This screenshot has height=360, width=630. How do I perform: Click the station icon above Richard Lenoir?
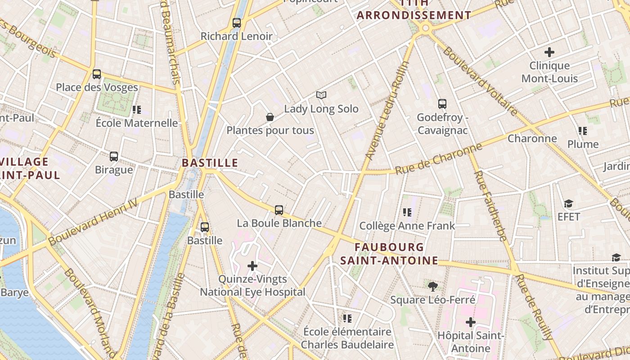tap(237, 22)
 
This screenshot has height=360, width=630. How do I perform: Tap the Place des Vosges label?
tap(97, 87)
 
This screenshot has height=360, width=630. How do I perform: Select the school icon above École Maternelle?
tap(137, 109)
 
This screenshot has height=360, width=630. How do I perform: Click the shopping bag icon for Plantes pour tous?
tap(270, 117)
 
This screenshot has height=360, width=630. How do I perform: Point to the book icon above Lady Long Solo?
tap(321, 95)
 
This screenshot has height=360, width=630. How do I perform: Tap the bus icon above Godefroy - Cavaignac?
tap(442, 104)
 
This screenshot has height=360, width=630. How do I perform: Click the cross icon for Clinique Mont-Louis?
tap(549, 52)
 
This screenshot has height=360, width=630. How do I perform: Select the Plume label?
tap(583, 144)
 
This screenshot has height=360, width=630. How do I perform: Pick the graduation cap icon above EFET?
tap(569, 203)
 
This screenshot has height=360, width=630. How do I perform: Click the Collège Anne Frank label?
tap(407, 225)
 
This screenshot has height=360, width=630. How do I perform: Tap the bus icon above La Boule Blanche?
tap(279, 210)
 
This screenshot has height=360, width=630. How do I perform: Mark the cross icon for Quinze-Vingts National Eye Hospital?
tap(252, 266)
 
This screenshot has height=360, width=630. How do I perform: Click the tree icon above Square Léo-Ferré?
tap(432, 286)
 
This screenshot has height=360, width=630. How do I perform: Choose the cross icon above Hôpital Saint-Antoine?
tap(471, 322)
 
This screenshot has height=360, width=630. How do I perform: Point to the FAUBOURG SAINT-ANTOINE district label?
tap(389, 254)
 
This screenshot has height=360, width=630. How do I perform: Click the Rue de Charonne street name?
tap(438, 159)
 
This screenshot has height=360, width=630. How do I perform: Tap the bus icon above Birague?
tap(114, 157)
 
